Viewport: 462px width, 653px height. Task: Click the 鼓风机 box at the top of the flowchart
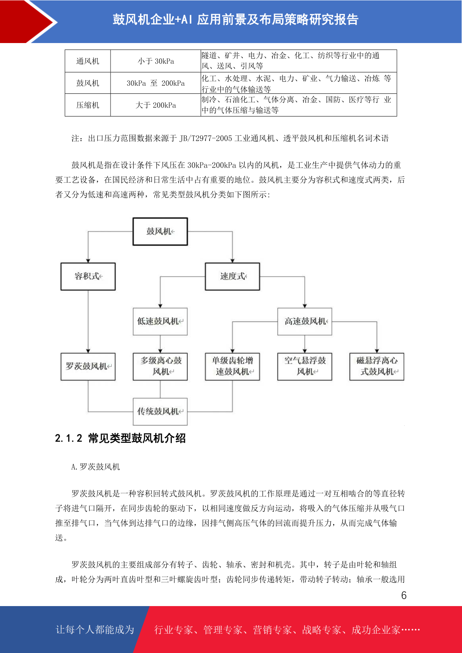[160, 231]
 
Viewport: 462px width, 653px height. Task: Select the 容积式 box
[88, 276]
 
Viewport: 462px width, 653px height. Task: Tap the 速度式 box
[232, 276]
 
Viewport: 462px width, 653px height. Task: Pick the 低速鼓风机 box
[160, 321]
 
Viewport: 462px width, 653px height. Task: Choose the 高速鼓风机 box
[305, 321]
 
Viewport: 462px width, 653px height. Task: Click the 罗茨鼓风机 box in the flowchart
[88, 367]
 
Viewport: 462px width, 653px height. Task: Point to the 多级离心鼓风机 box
[160, 367]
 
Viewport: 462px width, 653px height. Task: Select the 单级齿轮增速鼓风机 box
[232, 367]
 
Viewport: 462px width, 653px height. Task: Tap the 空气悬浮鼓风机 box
[305, 367]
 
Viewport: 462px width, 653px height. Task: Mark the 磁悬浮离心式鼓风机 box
[377, 367]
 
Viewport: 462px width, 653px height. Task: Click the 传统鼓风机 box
[160, 412]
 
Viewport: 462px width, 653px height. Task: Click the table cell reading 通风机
[88, 61]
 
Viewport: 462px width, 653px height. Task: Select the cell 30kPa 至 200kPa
[156, 83]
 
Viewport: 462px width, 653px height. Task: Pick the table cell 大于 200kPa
[156, 105]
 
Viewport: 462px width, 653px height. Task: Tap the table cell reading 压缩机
[88, 105]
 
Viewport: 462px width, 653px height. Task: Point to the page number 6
[404, 596]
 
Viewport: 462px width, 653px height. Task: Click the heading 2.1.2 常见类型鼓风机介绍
[120, 438]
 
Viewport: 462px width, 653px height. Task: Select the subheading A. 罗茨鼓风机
[96, 467]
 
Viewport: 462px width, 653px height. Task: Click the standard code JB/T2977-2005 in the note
[206, 138]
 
